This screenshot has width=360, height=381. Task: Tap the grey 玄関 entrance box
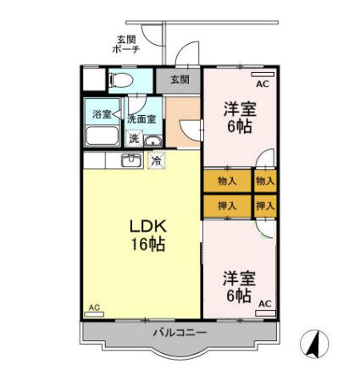pyautogui.click(x=179, y=80)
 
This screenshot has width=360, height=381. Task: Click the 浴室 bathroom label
pyautogui.click(x=102, y=113)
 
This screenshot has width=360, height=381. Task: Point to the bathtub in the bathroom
pyautogui.click(x=103, y=136)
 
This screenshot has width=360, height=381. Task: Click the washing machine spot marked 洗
pyautogui.click(x=134, y=139)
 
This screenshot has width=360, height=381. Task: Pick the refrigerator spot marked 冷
pyautogui.click(x=156, y=159)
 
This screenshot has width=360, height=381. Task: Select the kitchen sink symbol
pyautogui.click(x=131, y=160)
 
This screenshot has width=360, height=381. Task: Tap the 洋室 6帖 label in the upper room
pyautogui.click(x=238, y=118)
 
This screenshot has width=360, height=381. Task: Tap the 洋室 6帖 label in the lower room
pyautogui.click(x=238, y=286)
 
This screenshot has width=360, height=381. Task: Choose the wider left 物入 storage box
pyautogui.click(x=227, y=180)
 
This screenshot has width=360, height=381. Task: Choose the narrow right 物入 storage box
pyautogui.click(x=265, y=180)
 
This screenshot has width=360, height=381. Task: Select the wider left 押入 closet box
pyautogui.click(x=227, y=206)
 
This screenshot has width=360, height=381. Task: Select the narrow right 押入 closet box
pyautogui.click(x=265, y=206)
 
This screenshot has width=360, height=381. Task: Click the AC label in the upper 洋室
pyautogui.click(x=262, y=85)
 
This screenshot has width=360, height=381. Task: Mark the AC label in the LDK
pyautogui.click(x=94, y=307)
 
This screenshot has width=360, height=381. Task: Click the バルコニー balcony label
pyautogui.click(x=180, y=334)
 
